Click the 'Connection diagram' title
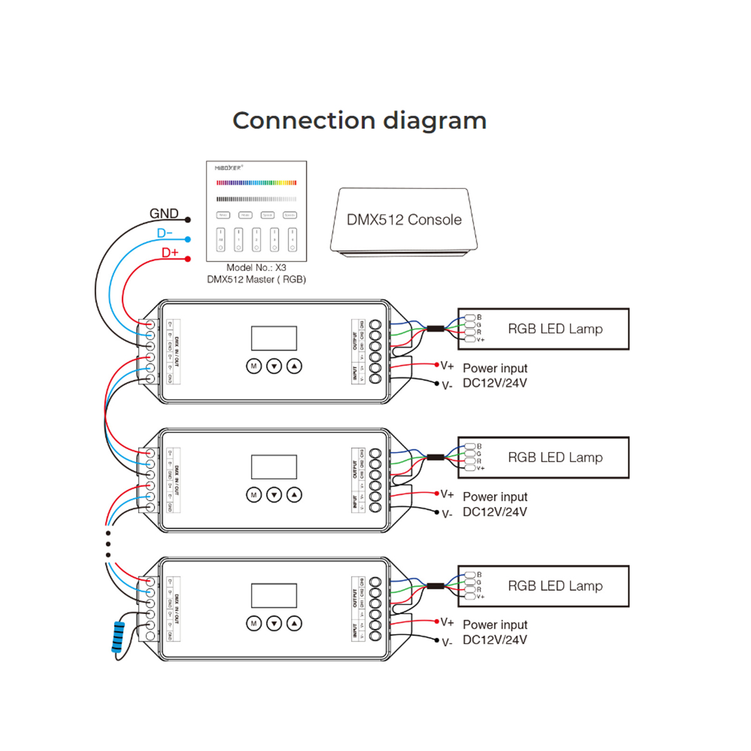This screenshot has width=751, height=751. click(x=359, y=121)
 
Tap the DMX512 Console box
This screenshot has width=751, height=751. click(x=404, y=220)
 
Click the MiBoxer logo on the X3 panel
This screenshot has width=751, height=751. click(x=228, y=168)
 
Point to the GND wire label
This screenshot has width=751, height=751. click(x=164, y=213)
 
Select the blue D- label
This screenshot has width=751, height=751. click(x=165, y=233)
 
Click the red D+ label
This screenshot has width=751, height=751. click(x=170, y=253)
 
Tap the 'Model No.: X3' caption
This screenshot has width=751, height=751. click(x=256, y=268)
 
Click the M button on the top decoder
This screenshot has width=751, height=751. click(x=253, y=366)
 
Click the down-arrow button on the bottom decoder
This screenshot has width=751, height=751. click(x=274, y=623)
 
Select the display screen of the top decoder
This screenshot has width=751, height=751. click(x=273, y=338)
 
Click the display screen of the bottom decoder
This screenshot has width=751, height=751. click(x=273, y=596)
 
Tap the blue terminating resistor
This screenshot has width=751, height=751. click(x=118, y=638)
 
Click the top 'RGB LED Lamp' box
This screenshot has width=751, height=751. click(x=543, y=329)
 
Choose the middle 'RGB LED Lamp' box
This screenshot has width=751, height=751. click(x=543, y=457)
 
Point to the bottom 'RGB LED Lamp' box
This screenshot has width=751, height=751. click(x=543, y=586)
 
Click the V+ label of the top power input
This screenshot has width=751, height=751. click(x=447, y=365)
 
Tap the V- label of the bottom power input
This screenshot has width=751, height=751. click(x=447, y=643)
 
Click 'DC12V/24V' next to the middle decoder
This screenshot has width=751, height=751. click(x=494, y=512)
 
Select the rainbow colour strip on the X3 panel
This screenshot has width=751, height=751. click(x=257, y=183)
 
